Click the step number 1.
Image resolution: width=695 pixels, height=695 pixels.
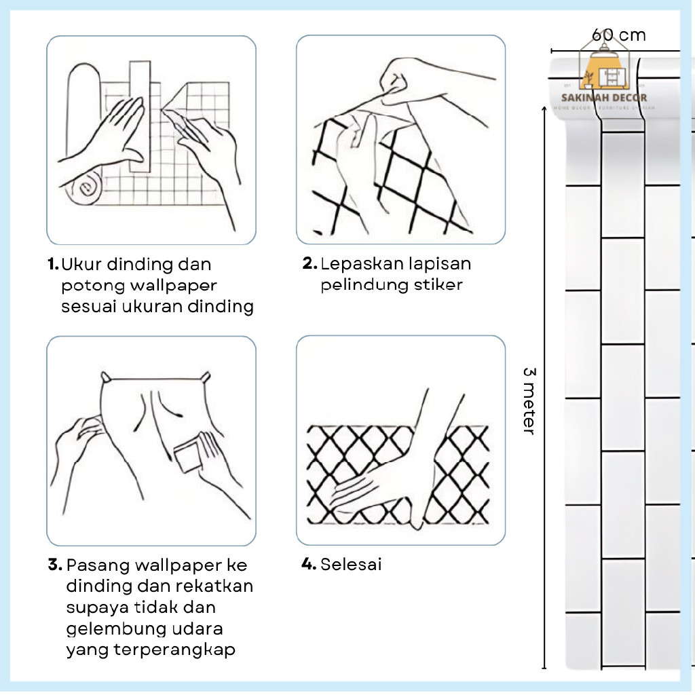(x=53, y=264)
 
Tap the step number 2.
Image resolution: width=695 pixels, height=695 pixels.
(x=309, y=263)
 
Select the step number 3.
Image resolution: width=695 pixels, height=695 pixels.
(x=55, y=565)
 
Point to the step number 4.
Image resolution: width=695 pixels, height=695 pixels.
(x=309, y=564)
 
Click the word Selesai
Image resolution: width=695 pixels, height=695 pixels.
(x=351, y=564)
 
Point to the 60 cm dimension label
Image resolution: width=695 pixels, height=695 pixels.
(x=618, y=35)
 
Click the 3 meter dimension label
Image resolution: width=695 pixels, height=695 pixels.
(x=529, y=401)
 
